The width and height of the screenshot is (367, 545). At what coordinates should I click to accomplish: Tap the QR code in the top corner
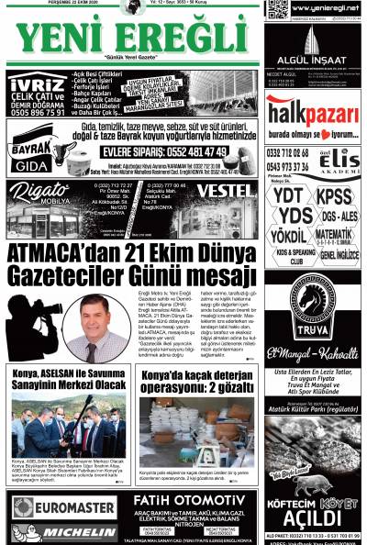(x=277, y=10)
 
